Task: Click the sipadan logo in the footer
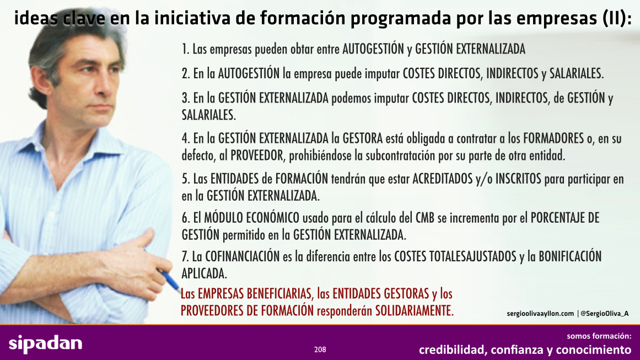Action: (x=45, y=343)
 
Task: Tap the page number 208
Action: (x=320, y=350)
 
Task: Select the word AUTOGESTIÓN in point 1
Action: (x=373, y=49)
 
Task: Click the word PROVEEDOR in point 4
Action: (x=257, y=155)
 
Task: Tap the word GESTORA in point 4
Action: (x=363, y=138)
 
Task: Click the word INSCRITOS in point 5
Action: (x=518, y=179)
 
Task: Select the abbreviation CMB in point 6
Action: (x=425, y=218)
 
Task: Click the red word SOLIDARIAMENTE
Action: (x=415, y=310)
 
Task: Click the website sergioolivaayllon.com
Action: (x=540, y=314)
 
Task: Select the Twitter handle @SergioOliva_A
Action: (x=605, y=314)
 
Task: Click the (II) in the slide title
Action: (x=616, y=18)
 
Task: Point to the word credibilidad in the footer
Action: (x=452, y=350)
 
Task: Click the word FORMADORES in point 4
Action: (x=553, y=138)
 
